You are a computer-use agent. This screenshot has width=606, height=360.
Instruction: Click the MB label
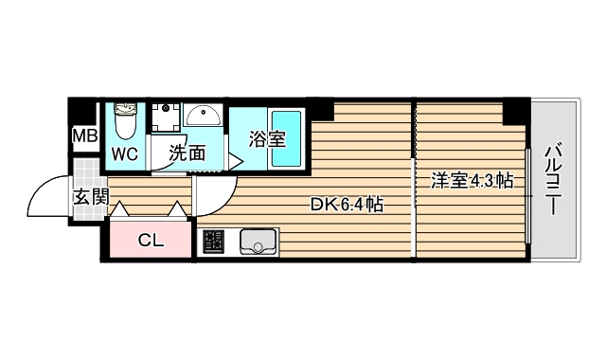pos(85,135)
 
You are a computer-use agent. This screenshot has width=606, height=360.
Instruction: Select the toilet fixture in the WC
pos(124,122)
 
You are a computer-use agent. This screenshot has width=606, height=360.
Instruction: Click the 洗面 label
pos(187,153)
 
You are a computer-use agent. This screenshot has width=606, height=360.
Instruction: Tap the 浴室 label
pos(267,138)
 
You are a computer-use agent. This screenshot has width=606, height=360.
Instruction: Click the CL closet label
pos(151,241)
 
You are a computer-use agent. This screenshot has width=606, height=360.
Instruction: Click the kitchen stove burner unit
pos(212,243)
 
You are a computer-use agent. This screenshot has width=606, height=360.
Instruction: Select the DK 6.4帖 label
pos(348,204)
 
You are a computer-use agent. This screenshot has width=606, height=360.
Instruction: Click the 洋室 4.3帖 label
pos(472,180)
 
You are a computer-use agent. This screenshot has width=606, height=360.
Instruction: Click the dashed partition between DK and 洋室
pos(415,180)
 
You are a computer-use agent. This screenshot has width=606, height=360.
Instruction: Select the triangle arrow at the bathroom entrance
pos(235,161)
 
